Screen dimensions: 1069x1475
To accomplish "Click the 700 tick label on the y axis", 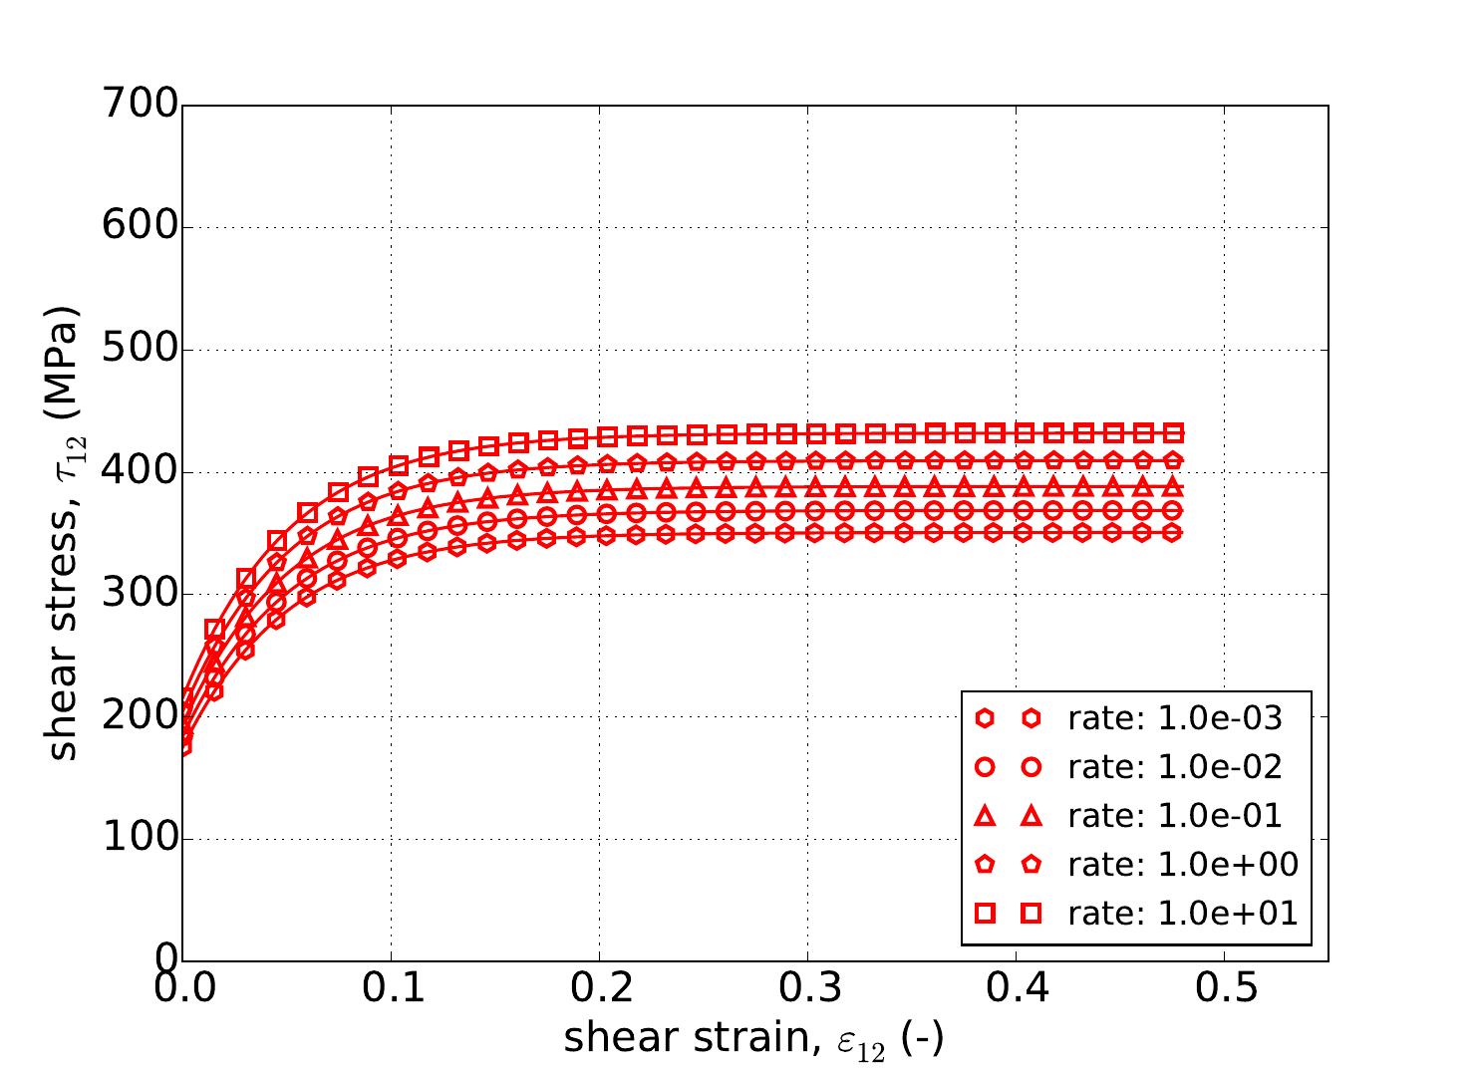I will pyautogui.click(x=140, y=105).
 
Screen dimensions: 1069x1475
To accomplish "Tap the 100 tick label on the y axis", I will pyautogui.click(x=140, y=839).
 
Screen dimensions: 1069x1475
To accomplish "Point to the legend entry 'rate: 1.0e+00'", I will pyautogui.click(x=1182, y=865).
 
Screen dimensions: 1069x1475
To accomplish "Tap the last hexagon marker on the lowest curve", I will pyautogui.click(x=1174, y=533).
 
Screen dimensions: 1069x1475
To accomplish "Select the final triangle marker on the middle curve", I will pyautogui.click(x=1174, y=486).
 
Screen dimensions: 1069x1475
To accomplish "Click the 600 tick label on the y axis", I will pyautogui.click(x=140, y=227).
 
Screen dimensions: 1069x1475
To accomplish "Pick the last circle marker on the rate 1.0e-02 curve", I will pyautogui.click(x=1174, y=510).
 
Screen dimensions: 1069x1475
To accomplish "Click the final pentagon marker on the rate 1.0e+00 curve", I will pyautogui.click(x=1174, y=460).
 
